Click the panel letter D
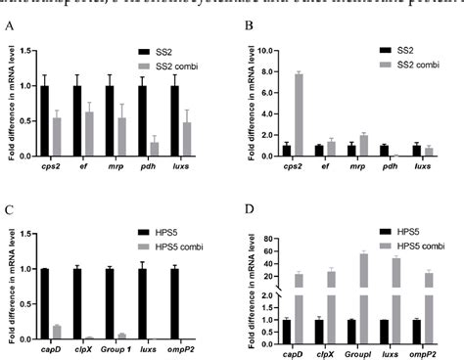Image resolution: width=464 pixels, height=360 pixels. click(246, 208)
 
